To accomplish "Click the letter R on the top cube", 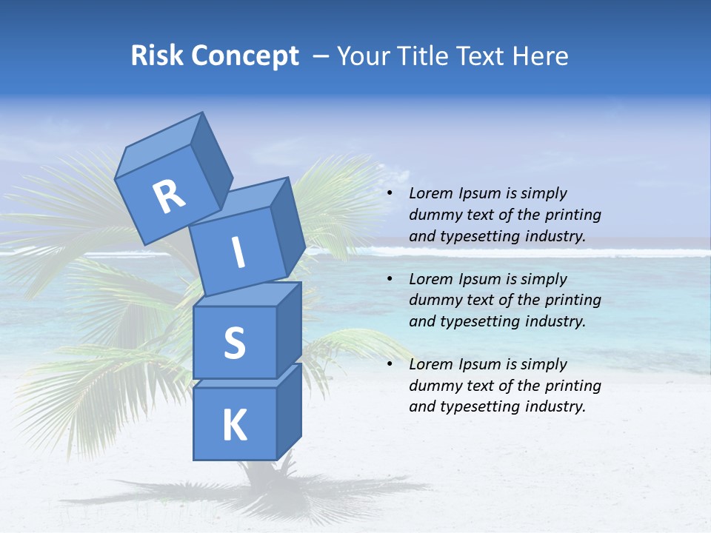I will pyautogui.click(x=169, y=196).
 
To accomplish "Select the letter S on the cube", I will pyautogui.click(x=234, y=343).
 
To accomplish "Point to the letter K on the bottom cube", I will pyautogui.click(x=234, y=426).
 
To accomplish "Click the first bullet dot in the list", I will pyautogui.click(x=390, y=194).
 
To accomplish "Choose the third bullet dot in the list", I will pyautogui.click(x=390, y=365).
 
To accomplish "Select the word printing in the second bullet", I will pyautogui.click(x=573, y=301).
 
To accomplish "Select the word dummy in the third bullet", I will pyautogui.click(x=433, y=386).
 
